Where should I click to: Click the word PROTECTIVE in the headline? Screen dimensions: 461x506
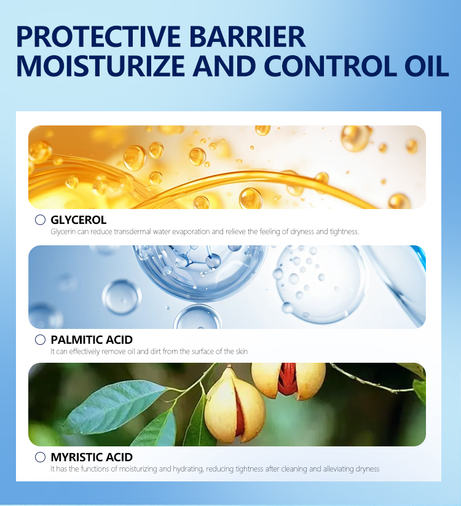pyautogui.click(x=99, y=36)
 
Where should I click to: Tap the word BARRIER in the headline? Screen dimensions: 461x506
pyautogui.click(x=248, y=36)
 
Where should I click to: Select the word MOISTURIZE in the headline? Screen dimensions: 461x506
pyautogui.click(x=100, y=66)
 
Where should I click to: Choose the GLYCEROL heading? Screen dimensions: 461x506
pyautogui.click(x=79, y=220)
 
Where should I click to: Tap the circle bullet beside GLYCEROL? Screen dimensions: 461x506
pyautogui.click(x=40, y=219)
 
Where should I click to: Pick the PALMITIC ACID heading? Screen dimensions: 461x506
pyautogui.click(x=92, y=340)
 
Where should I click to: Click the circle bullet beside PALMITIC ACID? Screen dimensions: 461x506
pyautogui.click(x=40, y=339)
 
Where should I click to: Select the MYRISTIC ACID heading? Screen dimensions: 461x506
pyautogui.click(x=92, y=457)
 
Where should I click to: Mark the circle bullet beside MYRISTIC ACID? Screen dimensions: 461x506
pyautogui.click(x=40, y=457)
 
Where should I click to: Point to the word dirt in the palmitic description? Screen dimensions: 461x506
pyautogui.click(x=155, y=352)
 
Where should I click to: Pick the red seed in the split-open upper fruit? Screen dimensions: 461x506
pyautogui.click(x=287, y=378)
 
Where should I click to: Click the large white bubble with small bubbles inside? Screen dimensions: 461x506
pyautogui.click(x=320, y=285)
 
